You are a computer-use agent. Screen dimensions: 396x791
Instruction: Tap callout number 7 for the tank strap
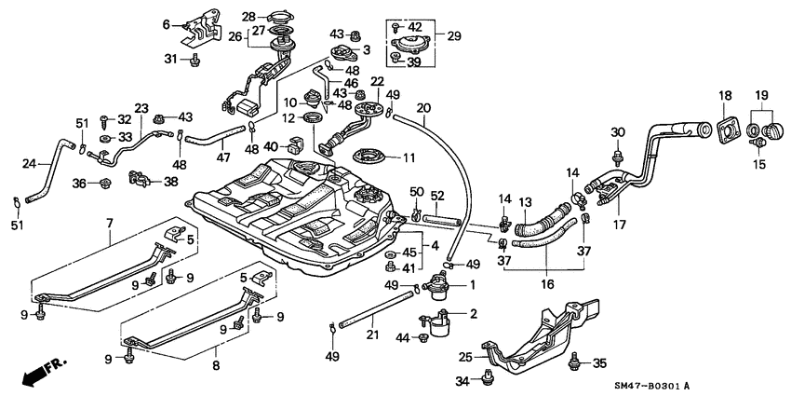pyautogui.click(x=109, y=224)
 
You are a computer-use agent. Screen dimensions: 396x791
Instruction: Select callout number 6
pyautogui.click(x=167, y=24)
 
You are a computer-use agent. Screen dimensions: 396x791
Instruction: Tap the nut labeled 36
pyautogui.click(x=104, y=183)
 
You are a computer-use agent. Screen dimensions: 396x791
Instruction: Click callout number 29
pyautogui.click(x=453, y=36)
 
